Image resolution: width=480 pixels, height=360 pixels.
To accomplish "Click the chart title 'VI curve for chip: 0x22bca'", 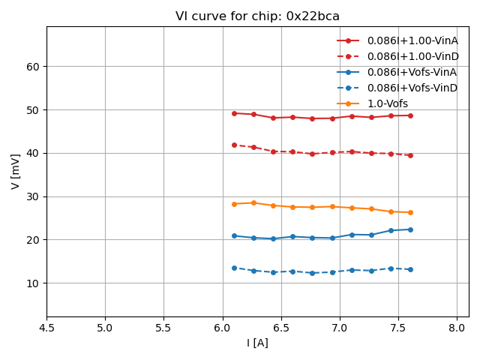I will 257,16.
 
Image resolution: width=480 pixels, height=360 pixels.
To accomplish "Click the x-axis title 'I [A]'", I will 257,343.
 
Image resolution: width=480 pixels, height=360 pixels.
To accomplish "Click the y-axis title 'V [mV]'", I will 16,171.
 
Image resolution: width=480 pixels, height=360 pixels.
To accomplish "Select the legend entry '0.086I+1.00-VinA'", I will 412,40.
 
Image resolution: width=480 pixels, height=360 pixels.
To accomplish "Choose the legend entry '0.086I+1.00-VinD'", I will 412,56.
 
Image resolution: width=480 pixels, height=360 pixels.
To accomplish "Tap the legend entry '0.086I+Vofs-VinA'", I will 412,72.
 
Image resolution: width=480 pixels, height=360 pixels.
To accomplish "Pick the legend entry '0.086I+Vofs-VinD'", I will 412,88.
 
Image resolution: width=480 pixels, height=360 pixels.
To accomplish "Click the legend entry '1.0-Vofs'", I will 387,103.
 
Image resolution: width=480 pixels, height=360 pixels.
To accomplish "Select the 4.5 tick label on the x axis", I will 46,328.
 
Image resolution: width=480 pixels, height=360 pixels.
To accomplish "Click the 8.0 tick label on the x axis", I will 457,328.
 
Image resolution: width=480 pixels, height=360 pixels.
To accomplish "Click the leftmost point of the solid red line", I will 234,113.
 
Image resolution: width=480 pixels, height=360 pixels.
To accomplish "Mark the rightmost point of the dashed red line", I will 410,155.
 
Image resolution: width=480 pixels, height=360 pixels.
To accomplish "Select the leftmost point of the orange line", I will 234,204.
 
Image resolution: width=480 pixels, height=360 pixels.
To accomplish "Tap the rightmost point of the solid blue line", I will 410,229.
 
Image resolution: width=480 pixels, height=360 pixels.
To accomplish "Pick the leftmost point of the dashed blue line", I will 234,268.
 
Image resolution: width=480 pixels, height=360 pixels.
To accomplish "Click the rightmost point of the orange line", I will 410,212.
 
